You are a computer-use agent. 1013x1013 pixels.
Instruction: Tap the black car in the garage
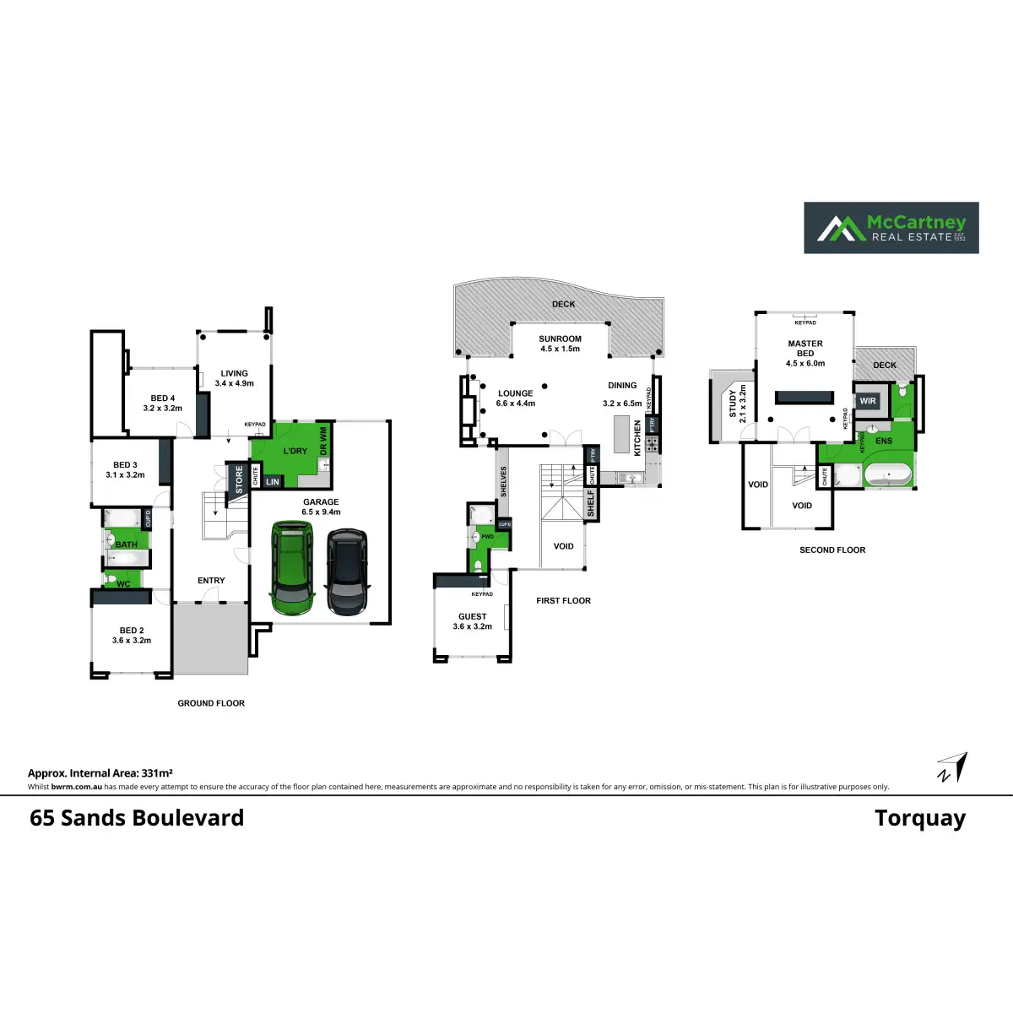click(346, 572)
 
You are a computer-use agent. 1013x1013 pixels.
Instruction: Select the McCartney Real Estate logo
click(891, 227)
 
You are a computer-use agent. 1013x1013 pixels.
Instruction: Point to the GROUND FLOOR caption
click(211, 703)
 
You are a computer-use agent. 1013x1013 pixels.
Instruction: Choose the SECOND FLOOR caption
click(832, 550)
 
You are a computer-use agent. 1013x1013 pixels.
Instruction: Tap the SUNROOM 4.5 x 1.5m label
click(561, 344)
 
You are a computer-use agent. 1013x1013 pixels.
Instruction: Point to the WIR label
click(868, 401)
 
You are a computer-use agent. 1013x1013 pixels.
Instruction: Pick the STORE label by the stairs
click(240, 479)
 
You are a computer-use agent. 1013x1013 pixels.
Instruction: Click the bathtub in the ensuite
click(887, 476)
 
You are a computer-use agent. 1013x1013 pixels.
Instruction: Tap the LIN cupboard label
click(273, 482)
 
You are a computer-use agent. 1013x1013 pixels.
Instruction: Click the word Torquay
click(920, 818)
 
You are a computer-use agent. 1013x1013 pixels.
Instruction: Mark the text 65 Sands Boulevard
click(137, 818)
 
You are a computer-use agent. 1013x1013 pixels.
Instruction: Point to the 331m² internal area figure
click(158, 773)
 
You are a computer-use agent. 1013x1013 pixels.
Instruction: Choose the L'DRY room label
click(295, 451)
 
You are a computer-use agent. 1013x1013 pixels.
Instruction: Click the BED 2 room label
click(132, 635)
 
